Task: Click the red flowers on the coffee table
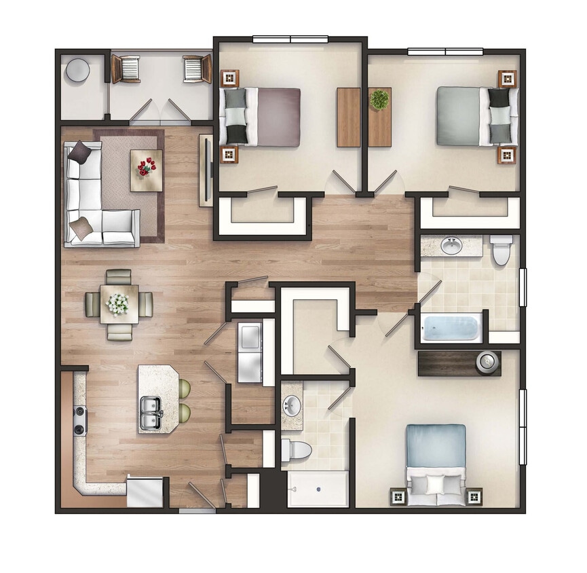pyautogui.click(x=147, y=167)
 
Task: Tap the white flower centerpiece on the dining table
pyautogui.click(x=119, y=303)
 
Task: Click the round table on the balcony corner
pyautogui.click(x=77, y=69)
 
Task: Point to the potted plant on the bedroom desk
pyautogui.click(x=379, y=100)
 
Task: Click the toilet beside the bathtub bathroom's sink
pyautogui.click(x=502, y=250)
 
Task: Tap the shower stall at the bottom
pyautogui.click(x=318, y=489)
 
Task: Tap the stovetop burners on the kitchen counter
pyautogui.click(x=80, y=420)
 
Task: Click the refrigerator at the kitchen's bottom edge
pyautogui.click(x=145, y=492)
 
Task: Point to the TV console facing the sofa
pyautogui.click(x=205, y=170)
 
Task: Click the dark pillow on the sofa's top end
pyautogui.click(x=79, y=151)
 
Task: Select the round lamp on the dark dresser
pyautogui.click(x=486, y=363)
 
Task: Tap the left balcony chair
pyautogui.click(x=126, y=69)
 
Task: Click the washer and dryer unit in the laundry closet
pyautogui.click(x=249, y=352)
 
